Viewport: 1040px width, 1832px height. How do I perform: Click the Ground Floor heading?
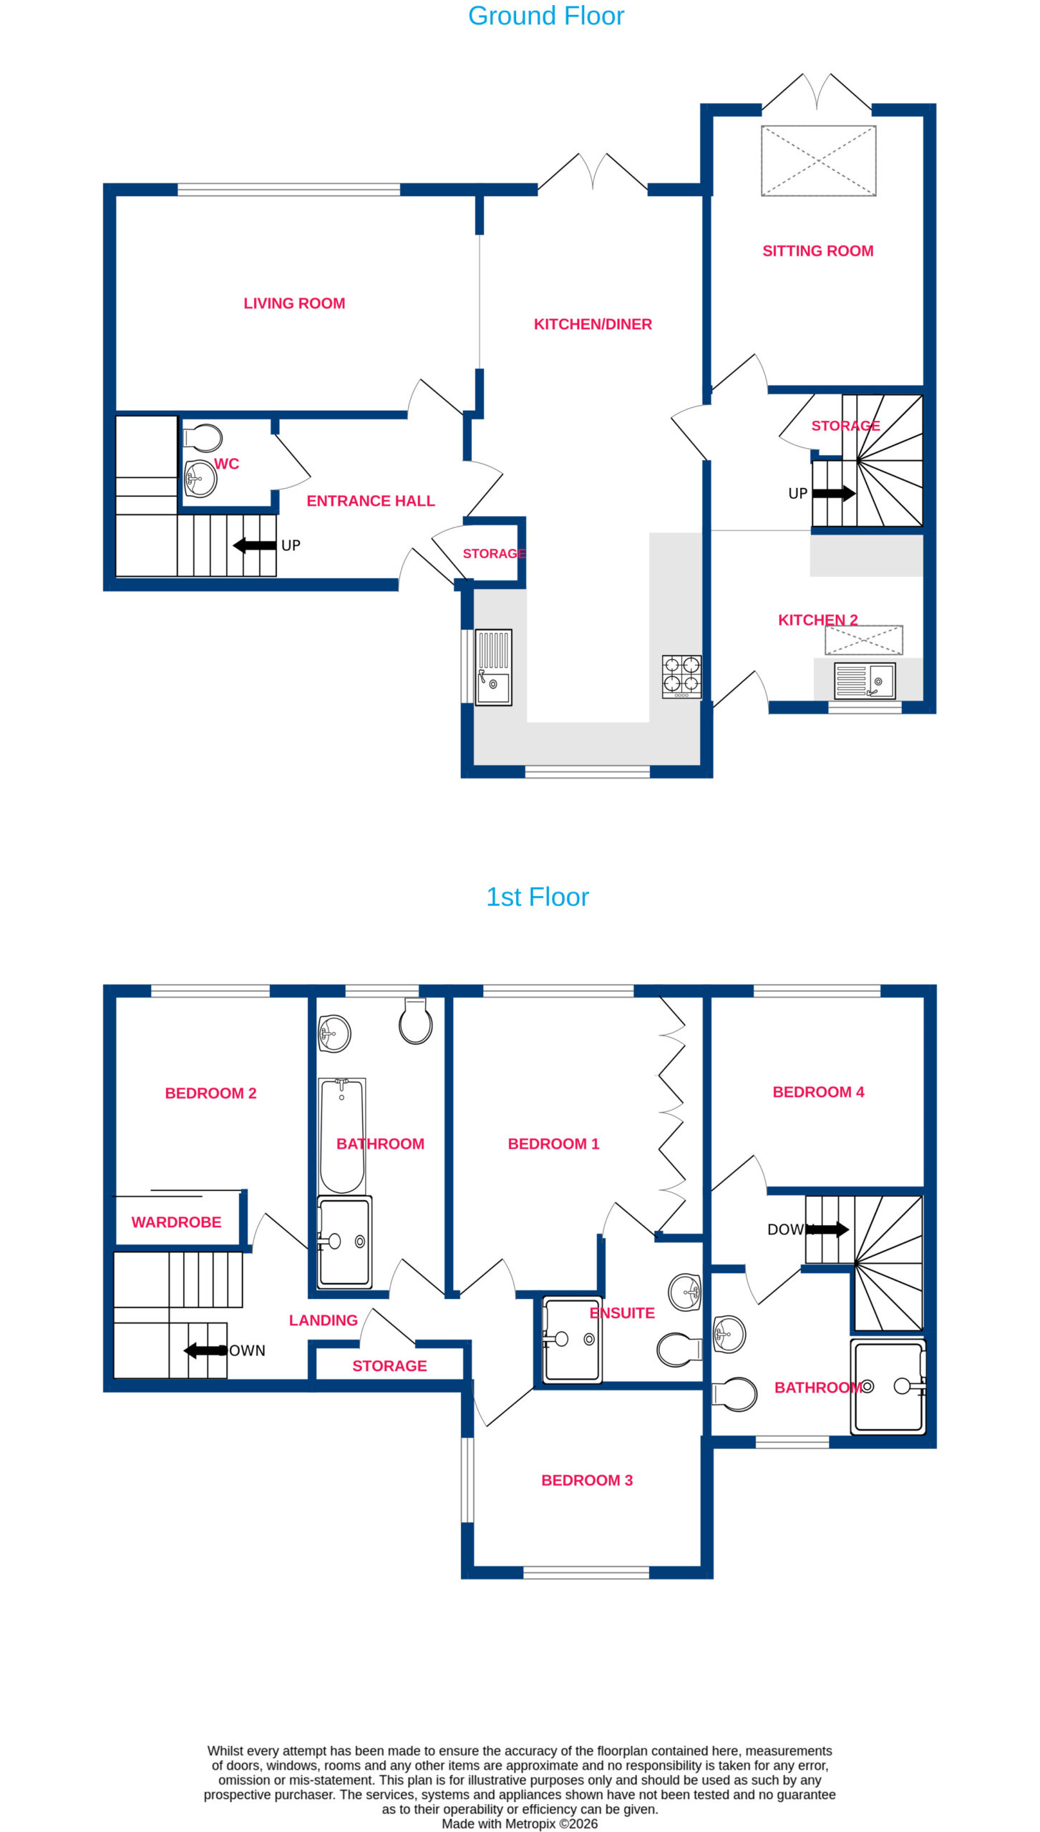tap(545, 16)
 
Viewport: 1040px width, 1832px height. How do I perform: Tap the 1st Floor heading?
tap(537, 897)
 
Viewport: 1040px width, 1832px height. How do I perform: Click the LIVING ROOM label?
tap(294, 303)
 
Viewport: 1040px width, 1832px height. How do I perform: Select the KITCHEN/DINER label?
tap(593, 324)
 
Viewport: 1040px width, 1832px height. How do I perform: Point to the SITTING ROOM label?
tap(817, 251)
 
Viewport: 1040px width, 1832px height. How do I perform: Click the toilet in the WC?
tap(203, 437)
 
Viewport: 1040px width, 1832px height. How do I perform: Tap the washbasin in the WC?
tap(200, 479)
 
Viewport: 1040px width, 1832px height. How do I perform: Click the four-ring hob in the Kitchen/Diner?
tap(681, 676)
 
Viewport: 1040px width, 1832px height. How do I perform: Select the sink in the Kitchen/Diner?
tap(493, 667)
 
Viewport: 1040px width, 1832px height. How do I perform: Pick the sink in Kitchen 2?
tap(865, 681)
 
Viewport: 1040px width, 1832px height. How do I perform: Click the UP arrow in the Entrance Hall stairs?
tap(255, 545)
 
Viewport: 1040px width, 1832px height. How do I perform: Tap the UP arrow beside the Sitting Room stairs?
tap(834, 493)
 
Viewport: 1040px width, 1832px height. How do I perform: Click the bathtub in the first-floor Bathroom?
tap(342, 1135)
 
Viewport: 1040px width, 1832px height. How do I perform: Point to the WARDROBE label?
tap(176, 1222)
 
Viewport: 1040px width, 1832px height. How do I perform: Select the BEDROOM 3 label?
tap(587, 1480)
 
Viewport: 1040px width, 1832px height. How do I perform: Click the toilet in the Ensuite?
tap(679, 1349)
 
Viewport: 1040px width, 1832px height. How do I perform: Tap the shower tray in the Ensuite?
tap(572, 1339)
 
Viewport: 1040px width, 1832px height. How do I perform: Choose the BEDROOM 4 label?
tap(818, 1092)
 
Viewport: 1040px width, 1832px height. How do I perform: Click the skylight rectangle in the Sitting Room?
tap(818, 161)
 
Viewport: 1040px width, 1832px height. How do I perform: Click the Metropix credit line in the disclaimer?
tap(520, 1823)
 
